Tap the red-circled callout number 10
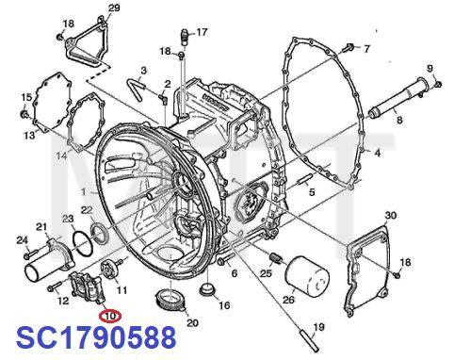pos(110,316)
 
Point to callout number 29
pos(114,8)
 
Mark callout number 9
pos(430,67)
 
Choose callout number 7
pos(367,48)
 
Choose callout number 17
pos(202,34)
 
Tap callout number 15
pos(27,96)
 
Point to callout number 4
pos(378,153)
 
